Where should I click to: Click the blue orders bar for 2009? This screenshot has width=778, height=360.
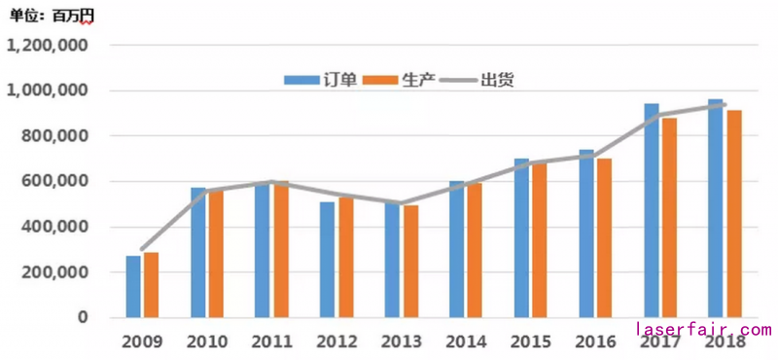click(133, 287)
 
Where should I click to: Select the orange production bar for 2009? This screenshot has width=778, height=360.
click(151, 285)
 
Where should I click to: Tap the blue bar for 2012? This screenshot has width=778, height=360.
click(327, 259)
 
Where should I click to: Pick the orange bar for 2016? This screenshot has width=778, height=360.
click(605, 237)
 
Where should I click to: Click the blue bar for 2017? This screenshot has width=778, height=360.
click(652, 210)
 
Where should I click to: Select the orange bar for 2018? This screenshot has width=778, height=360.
click(734, 214)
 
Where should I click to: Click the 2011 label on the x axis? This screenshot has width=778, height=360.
click(270, 342)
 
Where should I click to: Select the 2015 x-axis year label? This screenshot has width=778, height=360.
click(530, 342)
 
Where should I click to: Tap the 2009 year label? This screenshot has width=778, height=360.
click(142, 342)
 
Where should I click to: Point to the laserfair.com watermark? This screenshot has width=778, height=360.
click(703, 331)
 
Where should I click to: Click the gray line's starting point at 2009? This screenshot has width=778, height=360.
click(142, 249)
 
